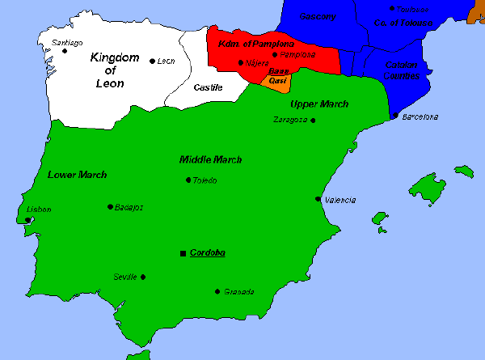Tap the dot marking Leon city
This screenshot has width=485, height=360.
[153, 61]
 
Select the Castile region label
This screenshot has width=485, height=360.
[209, 87]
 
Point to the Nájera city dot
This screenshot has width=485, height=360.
[241, 62]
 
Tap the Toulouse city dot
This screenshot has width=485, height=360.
[392, 9]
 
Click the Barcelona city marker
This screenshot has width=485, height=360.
[394, 116]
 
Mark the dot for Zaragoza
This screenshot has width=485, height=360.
[313, 121]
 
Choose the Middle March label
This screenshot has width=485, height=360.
[210, 159]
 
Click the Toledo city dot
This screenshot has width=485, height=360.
[188, 180]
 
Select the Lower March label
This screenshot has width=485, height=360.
[78, 175]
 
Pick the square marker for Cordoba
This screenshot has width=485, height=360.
[183, 253]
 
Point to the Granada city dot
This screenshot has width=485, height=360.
[217, 291]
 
